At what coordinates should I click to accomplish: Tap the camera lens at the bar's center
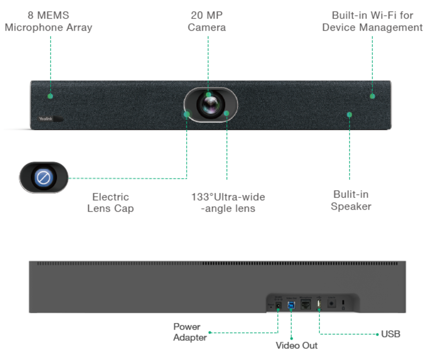[210, 105]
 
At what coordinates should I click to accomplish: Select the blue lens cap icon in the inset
[44, 177]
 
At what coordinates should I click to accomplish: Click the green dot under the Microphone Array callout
[50, 96]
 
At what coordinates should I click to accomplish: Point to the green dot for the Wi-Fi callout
[372, 96]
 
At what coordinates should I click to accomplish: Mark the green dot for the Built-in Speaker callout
[349, 115]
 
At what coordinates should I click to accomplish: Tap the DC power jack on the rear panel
[278, 306]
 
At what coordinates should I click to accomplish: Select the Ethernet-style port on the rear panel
[305, 305]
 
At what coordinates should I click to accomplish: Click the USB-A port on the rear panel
[319, 305]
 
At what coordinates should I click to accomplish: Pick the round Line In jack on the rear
[331, 304]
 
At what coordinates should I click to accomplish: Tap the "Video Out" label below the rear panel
[296, 346]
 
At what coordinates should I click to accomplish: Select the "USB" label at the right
[391, 334]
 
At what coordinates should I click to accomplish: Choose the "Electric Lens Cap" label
[110, 203]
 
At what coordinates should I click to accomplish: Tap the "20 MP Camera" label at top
[206, 21]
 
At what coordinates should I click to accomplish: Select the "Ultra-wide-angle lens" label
[228, 203]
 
